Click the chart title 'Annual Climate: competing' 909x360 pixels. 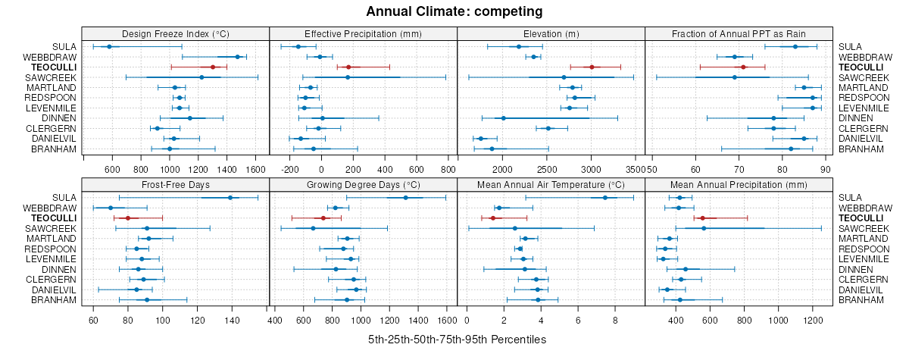click(x=454, y=11)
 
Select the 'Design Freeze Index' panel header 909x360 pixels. click(x=175, y=33)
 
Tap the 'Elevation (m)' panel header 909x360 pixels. click(x=551, y=33)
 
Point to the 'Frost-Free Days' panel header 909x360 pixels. click(x=175, y=184)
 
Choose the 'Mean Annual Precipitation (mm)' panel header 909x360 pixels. click(x=739, y=184)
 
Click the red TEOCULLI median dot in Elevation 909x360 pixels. click(x=592, y=67)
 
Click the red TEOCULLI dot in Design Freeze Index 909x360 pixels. click(x=213, y=67)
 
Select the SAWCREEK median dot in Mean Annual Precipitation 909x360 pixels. click(x=704, y=228)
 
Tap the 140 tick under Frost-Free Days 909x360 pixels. click(x=233, y=320)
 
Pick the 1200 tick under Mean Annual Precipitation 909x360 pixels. click(x=813, y=320)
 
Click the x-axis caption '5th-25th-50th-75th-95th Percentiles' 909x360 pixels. click(x=457, y=340)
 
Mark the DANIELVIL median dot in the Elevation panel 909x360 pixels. click(x=481, y=139)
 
